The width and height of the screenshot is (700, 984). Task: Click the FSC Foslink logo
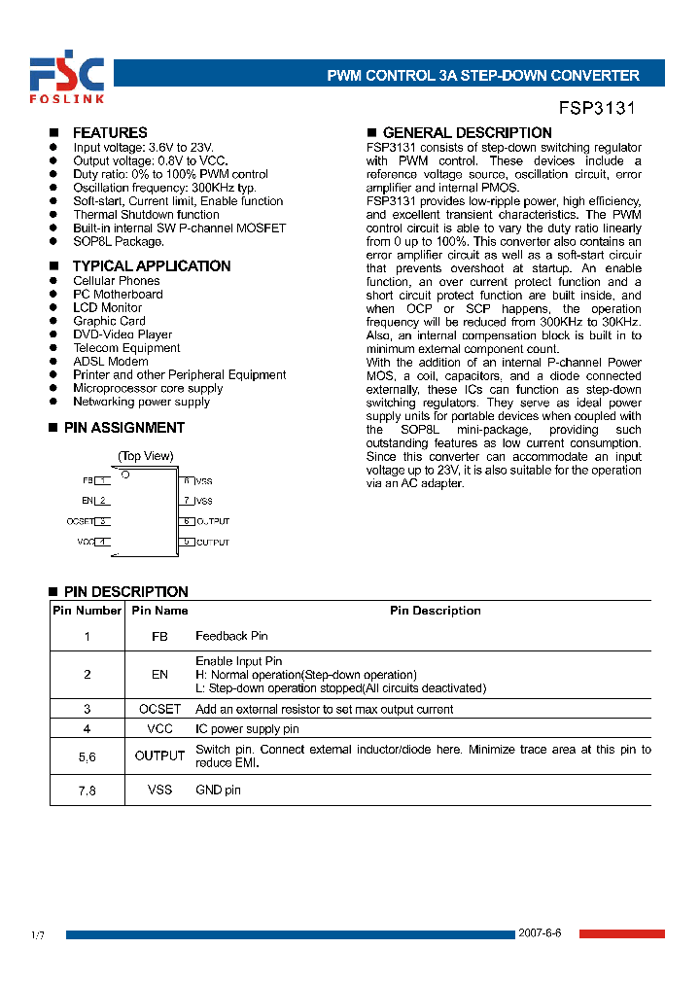coord(65,78)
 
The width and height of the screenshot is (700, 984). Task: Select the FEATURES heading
coord(110,132)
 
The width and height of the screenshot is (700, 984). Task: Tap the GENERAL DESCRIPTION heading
coord(467,132)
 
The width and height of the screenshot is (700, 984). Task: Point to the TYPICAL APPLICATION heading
coord(151,265)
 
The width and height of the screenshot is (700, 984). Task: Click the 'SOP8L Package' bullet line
coord(119,241)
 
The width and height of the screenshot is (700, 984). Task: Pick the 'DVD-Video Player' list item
coord(122,334)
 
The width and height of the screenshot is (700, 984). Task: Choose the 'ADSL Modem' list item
coord(111,361)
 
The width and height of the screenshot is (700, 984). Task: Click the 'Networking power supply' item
coord(141,402)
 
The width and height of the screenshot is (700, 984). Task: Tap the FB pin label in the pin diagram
coord(87,480)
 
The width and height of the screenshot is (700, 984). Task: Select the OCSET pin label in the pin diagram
coord(80,521)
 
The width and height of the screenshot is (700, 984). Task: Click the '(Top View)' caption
coord(146,455)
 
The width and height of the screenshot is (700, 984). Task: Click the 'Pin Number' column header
coord(87,611)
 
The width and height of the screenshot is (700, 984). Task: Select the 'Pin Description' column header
coord(435,611)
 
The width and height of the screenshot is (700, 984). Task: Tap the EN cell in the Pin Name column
coord(159,674)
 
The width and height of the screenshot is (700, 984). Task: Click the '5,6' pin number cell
coord(87,756)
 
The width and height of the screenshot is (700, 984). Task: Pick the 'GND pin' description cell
coord(218,790)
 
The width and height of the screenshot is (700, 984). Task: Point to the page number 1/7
coord(38,935)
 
